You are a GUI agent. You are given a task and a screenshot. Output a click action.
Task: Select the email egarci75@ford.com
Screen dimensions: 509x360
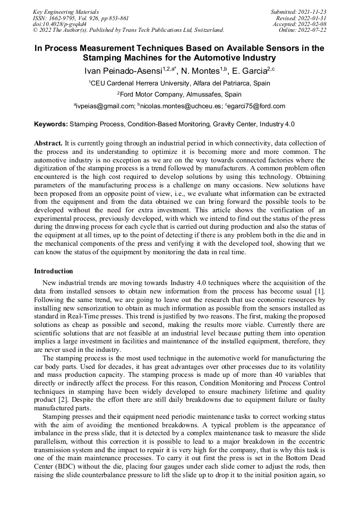click(255, 106)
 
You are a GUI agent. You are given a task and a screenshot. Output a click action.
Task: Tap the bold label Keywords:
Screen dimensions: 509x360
click(51, 124)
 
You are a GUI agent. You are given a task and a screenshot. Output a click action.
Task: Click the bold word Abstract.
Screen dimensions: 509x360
click(48, 143)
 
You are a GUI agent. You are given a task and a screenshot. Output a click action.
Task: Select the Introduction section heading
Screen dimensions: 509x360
click(54, 271)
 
